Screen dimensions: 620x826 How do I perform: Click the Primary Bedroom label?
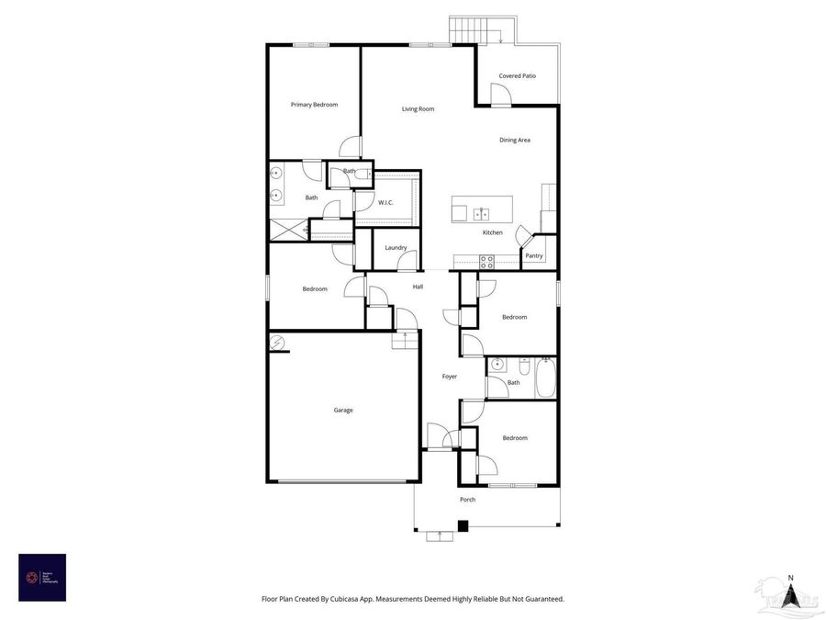314,105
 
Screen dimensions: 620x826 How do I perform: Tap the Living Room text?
418,109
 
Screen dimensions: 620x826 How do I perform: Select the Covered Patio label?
517,76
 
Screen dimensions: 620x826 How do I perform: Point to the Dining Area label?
515,141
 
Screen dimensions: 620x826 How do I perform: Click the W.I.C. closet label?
385,202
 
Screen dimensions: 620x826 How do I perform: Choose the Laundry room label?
396,248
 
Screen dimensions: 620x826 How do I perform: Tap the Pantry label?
534,256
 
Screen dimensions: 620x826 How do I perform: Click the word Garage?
343,411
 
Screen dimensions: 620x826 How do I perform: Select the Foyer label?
450,377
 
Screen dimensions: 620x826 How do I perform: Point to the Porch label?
467,500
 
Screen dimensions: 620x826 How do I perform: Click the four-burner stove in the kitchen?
486,262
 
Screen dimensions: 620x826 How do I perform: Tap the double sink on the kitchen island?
481,214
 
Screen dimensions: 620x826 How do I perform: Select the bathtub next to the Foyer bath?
545,378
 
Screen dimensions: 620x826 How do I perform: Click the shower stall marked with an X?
287,230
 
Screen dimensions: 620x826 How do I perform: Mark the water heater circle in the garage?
277,343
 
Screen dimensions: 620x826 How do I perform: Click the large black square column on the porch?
463,526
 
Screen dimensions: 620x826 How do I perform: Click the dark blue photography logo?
42,578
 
